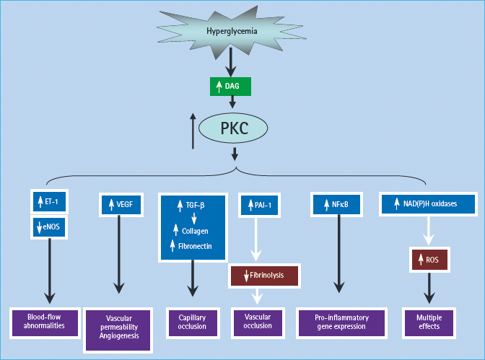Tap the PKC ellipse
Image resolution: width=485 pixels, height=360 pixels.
[233, 129]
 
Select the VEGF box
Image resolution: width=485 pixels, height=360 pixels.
[119, 204]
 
